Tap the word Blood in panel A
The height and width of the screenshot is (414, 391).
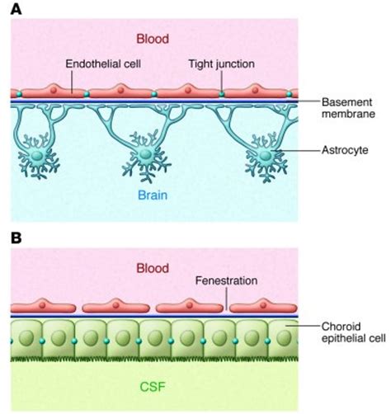pos(154,37)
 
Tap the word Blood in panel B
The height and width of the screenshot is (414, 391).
pos(154,268)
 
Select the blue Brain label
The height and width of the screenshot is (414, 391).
pos(154,196)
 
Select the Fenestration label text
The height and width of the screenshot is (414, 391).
pos(227,280)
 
